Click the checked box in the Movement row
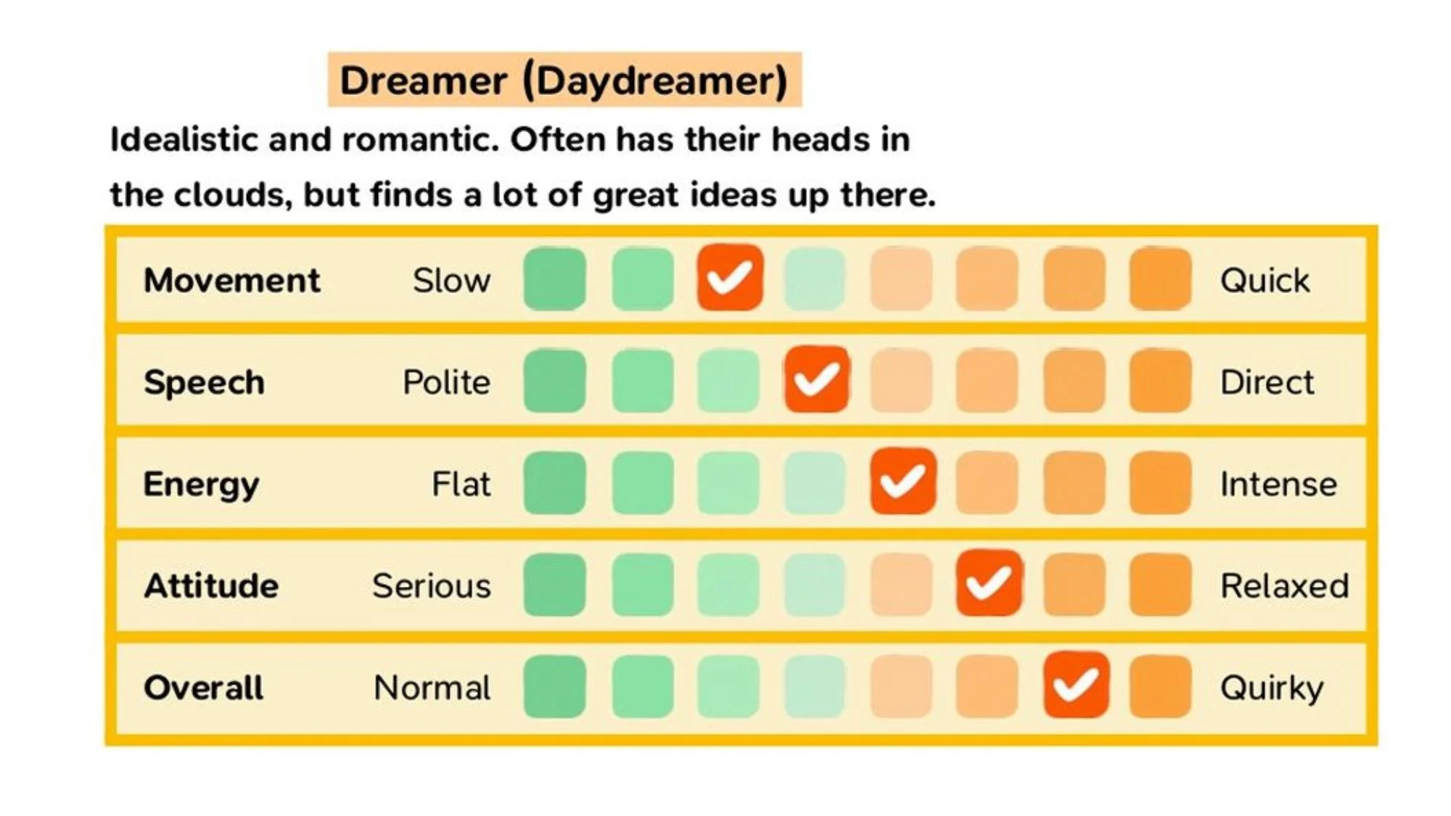pyautogui.click(x=730, y=278)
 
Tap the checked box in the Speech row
pyautogui.click(x=816, y=379)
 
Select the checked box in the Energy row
pyautogui.click(x=903, y=482)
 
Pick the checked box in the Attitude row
pyautogui.click(x=989, y=583)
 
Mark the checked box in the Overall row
pyautogui.click(x=1076, y=685)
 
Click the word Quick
pyautogui.click(x=1265, y=280)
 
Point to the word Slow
pyautogui.click(x=451, y=280)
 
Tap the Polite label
pyautogui.click(x=446, y=382)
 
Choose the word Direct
pyautogui.click(x=1267, y=382)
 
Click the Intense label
pyautogui.click(x=1278, y=484)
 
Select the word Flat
pyautogui.click(x=461, y=484)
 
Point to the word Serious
pyautogui.click(x=431, y=586)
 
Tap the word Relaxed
pyautogui.click(x=1284, y=586)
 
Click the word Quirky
pyautogui.click(x=1272, y=688)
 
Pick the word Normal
pyautogui.click(x=432, y=688)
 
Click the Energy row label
pyautogui.click(x=201, y=485)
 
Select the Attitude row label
pyautogui.click(x=211, y=586)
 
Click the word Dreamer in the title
pyautogui.click(x=423, y=80)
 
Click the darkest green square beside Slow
pyautogui.click(x=555, y=279)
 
